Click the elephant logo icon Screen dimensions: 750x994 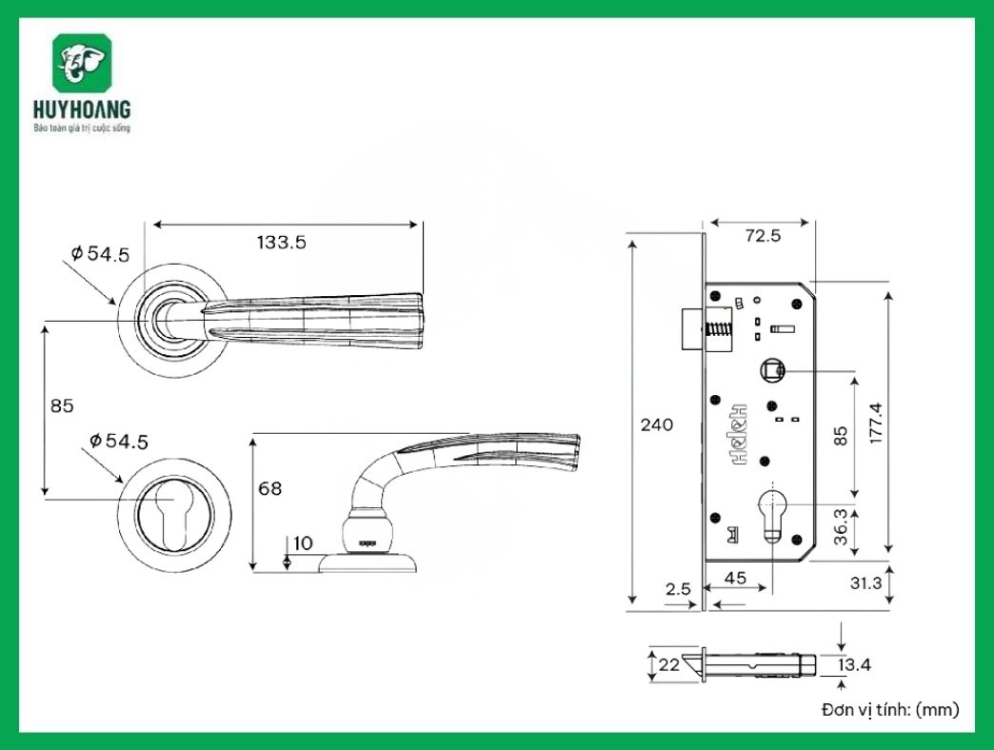pyautogui.click(x=83, y=64)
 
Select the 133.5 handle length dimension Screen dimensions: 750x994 pyautogui.click(x=281, y=242)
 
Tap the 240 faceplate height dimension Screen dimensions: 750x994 pyautogui.click(x=656, y=424)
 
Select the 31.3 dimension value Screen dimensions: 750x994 pyautogui.click(x=865, y=582)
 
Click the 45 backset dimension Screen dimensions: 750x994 pyautogui.click(x=735, y=577)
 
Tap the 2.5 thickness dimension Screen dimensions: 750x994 pyautogui.click(x=678, y=589)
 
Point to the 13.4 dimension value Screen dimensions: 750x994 pyautogui.click(x=854, y=664)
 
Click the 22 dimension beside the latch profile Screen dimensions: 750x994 pyautogui.click(x=669, y=664)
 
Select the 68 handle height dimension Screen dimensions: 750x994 pyautogui.click(x=270, y=488)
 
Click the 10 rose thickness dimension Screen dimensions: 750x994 pyautogui.click(x=303, y=543)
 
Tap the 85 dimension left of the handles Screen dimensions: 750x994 pyautogui.click(x=62, y=405)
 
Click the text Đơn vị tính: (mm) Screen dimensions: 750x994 pyautogui.click(x=890, y=709)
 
